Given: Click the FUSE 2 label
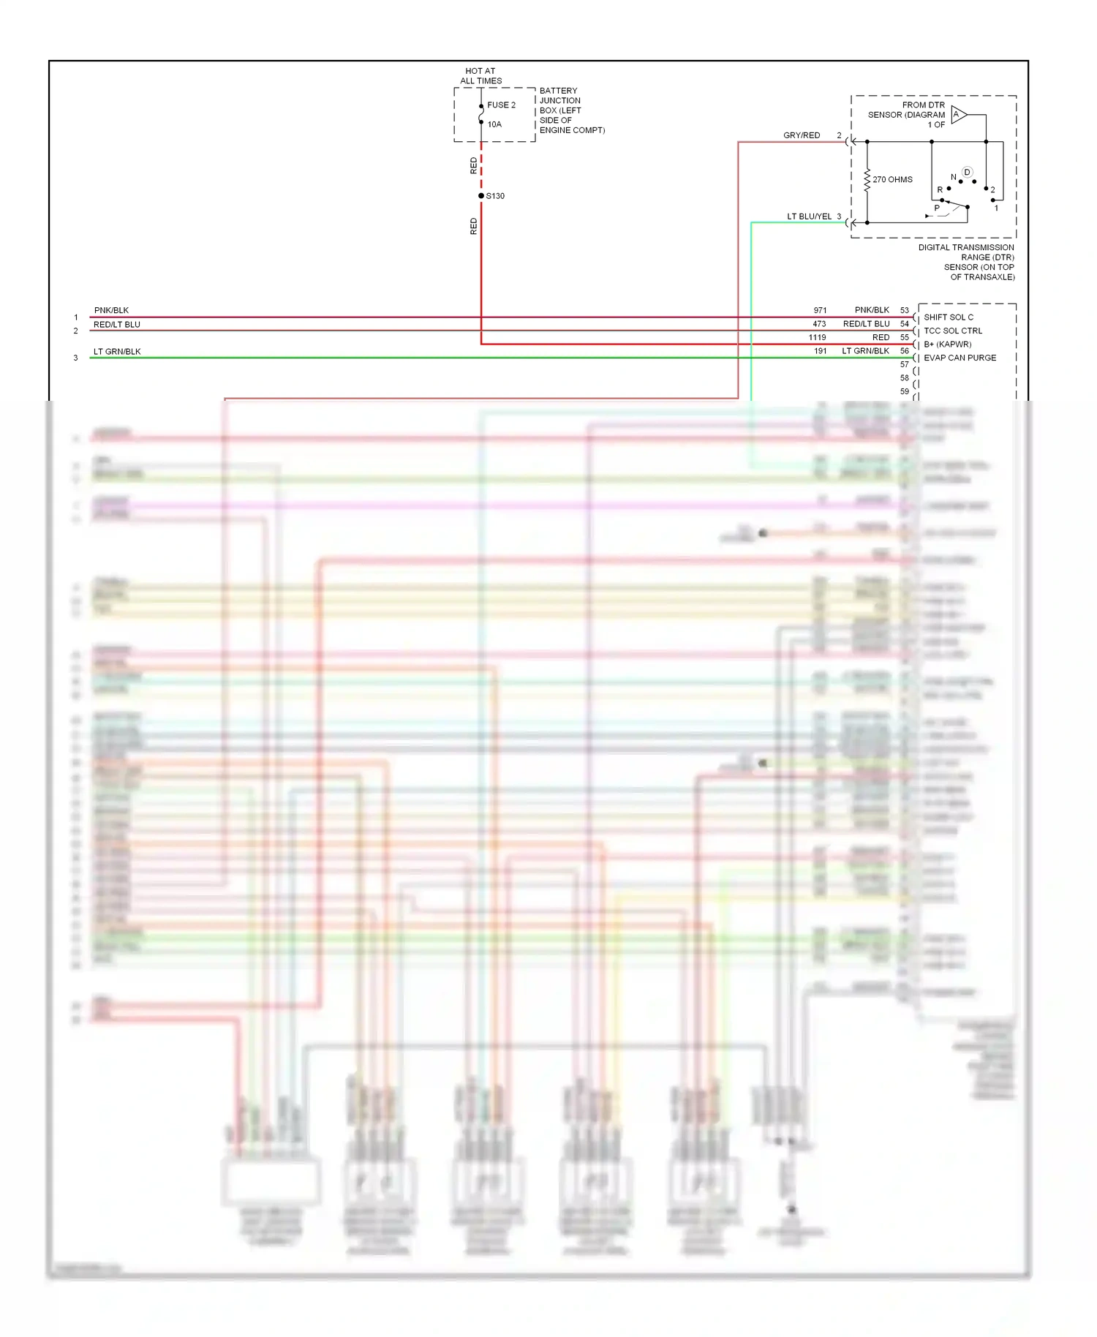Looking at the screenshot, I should pos(501,105).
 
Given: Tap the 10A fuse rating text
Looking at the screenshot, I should pos(494,124).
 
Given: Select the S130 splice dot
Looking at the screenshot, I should pos(481,196).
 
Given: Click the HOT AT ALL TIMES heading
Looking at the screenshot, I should pos(480,76).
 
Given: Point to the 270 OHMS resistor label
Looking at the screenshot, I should pos(892,179).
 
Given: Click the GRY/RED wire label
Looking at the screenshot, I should pos(802,135).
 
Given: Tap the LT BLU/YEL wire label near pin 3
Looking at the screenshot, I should pos(809,216).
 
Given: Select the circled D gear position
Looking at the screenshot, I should pos(967,173).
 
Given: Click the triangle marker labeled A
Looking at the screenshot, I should pos(959,115).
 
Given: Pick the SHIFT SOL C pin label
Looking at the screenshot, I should pos(948,317).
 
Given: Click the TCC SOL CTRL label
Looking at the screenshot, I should pos(952,331).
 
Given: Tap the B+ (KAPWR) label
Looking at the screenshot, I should pos(947,344).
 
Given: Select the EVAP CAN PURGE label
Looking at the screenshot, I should pos(960,358).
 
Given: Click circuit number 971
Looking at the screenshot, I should pos(820,310).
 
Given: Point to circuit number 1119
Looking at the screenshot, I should pos(817,337).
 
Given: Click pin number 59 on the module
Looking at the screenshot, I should pos(905,391).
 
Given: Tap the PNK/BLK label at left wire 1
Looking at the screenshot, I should pos(111,310).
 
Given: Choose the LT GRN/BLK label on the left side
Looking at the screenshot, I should pos(117,352).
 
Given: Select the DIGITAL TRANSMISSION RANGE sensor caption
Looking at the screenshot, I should pos(966,262).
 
